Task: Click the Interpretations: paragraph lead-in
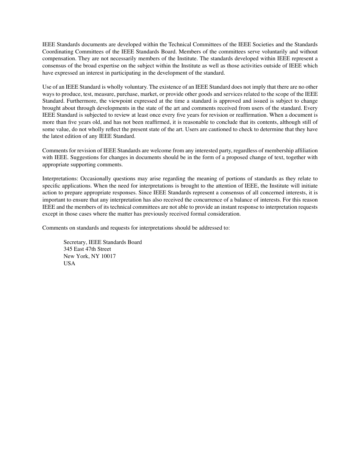(x=60, y=178)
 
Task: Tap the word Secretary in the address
(x=75, y=242)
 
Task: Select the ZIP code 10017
(x=108, y=256)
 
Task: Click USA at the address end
(x=69, y=263)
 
